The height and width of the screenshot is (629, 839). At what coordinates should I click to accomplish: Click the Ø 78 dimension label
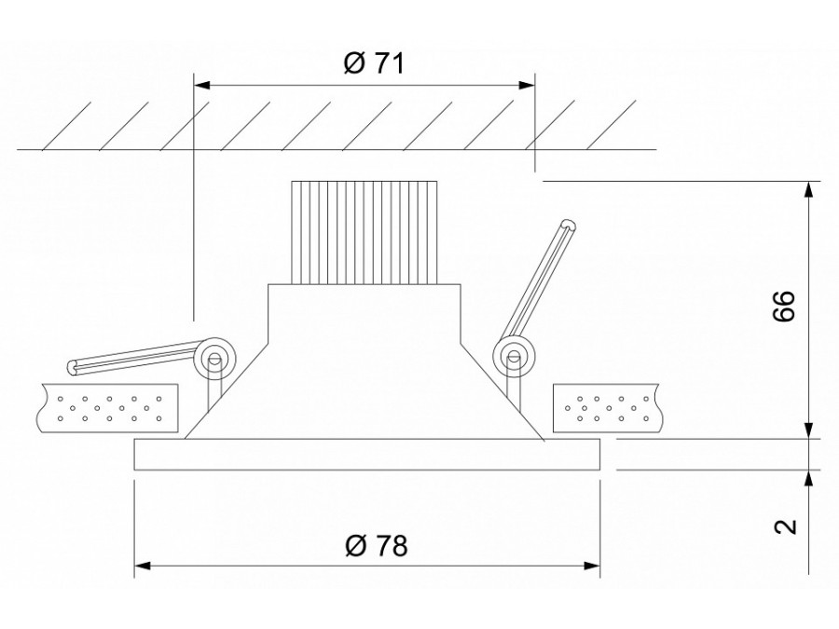376,545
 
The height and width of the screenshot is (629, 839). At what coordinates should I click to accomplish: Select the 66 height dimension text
785,307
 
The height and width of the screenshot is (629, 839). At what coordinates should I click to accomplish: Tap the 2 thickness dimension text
786,526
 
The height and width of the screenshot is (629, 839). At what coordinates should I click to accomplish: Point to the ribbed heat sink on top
364,231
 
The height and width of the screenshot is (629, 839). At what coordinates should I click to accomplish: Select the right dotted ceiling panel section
609,407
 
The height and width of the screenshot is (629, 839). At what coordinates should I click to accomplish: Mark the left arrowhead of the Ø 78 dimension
143,565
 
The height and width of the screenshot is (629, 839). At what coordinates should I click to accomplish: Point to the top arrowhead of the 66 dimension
807,187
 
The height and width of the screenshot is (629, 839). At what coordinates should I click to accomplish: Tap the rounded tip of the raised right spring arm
568,224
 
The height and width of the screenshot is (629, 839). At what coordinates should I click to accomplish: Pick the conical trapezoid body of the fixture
364,391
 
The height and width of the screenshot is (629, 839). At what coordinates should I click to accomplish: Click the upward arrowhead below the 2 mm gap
807,476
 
